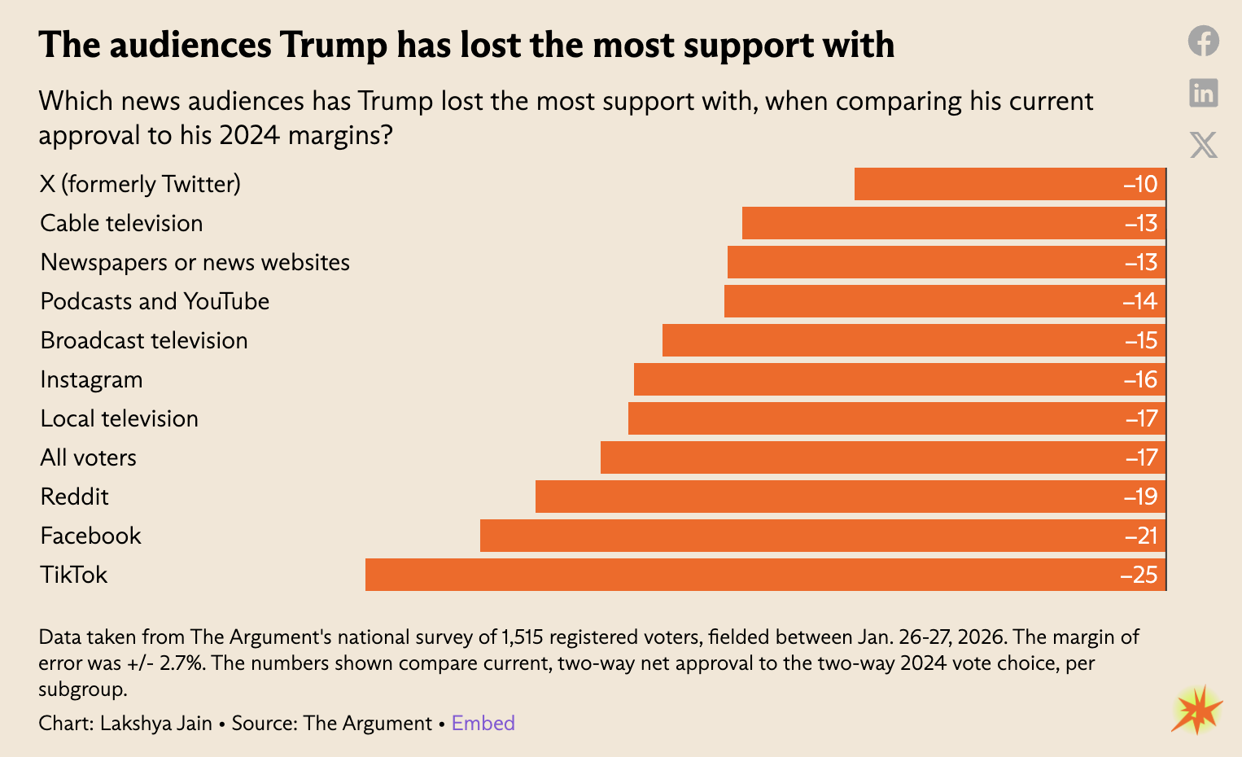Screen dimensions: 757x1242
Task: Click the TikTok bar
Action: click(765, 575)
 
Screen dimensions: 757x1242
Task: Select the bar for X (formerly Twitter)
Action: click(1009, 184)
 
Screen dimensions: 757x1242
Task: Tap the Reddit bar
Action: click(851, 497)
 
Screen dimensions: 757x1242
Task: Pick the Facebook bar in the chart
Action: click(822, 536)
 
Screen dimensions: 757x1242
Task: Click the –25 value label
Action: click(1139, 575)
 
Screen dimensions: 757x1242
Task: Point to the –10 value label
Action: click(1140, 184)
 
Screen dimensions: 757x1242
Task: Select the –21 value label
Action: click(1141, 536)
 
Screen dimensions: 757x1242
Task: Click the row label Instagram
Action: click(91, 379)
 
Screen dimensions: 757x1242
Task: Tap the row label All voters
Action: click(88, 457)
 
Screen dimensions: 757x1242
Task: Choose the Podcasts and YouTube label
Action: click(155, 301)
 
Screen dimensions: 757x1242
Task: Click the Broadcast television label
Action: click(144, 340)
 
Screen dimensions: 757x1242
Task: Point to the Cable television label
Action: click(121, 223)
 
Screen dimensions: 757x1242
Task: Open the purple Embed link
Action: click(483, 723)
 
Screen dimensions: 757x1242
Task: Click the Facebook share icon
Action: click(1203, 41)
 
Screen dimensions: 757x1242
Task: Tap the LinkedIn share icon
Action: click(1203, 93)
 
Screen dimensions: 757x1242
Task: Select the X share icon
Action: click(1203, 145)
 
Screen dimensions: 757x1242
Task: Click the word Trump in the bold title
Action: click(334, 45)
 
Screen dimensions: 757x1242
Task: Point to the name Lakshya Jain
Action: click(155, 723)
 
